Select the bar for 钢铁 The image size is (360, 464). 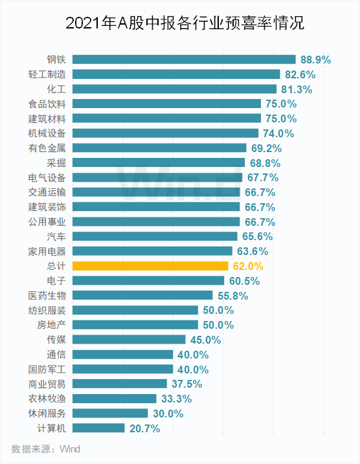click(x=184, y=60)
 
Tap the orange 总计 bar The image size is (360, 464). click(x=150, y=266)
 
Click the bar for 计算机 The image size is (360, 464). click(x=98, y=428)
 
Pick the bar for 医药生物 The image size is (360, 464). click(x=133, y=295)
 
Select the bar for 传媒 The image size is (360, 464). click(x=129, y=340)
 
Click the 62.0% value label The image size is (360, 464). click(x=248, y=266)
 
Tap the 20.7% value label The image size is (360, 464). click(x=144, y=428)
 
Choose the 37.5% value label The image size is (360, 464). click(x=186, y=384)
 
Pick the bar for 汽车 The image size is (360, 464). click(x=154, y=236)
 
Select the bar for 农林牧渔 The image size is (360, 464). click(x=115, y=399)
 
